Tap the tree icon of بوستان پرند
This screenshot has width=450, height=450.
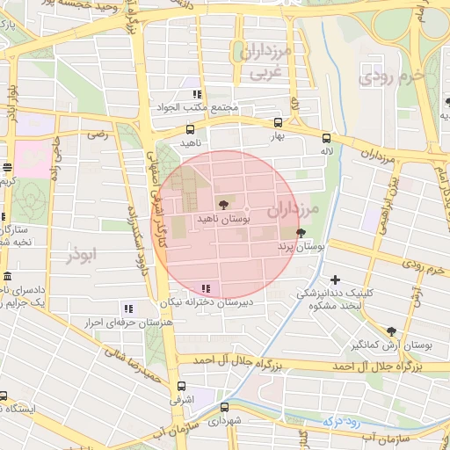302,233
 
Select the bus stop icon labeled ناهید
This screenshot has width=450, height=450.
191,129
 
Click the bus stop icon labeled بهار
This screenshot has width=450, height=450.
278,124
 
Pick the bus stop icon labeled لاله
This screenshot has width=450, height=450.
326,138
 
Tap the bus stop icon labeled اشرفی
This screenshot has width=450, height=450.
181,386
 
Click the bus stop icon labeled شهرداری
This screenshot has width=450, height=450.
225,407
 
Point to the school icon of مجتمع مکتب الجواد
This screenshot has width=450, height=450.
198,94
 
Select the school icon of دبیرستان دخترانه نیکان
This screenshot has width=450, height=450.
206,287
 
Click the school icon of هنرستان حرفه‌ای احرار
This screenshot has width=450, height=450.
128,308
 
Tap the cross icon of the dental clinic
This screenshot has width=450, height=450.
335,279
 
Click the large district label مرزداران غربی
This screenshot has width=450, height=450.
260,62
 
